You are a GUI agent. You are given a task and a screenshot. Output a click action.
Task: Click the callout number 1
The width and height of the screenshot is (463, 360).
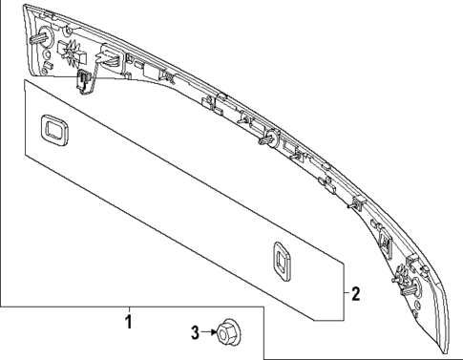coord(128,322)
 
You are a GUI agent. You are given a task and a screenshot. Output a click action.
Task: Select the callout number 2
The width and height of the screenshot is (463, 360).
coord(355,293)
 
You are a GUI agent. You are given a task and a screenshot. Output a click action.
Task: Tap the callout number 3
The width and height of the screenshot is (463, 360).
coord(195,332)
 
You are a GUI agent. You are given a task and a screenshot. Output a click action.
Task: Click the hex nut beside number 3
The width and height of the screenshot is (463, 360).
coord(228,332)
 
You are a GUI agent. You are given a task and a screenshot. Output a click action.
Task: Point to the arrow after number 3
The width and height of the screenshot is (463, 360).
coord(209,332)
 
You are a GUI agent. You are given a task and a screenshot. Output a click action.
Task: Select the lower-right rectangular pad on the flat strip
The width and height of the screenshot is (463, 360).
coord(282,261)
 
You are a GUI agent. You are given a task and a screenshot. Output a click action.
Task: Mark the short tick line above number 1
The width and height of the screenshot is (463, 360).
coord(129,309)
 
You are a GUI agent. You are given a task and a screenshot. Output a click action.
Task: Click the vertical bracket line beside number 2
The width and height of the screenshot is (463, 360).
coord(345,291)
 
